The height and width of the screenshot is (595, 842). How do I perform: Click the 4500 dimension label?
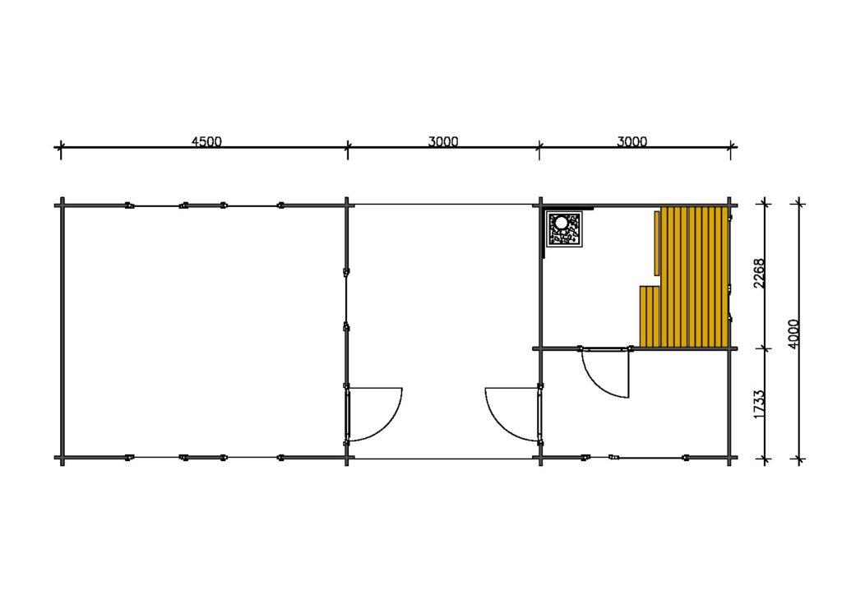point(206,141)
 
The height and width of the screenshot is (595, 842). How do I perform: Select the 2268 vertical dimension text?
point(759,273)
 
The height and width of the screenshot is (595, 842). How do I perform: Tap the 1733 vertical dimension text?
point(759,404)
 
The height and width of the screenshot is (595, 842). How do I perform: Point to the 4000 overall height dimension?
point(793,334)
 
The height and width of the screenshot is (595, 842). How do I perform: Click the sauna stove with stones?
point(564,229)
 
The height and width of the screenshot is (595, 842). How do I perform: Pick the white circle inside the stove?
point(562,222)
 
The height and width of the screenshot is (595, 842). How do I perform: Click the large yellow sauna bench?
point(695,277)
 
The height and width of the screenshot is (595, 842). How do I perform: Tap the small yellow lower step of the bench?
point(650,316)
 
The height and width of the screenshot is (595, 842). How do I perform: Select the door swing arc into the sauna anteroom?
point(600,381)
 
